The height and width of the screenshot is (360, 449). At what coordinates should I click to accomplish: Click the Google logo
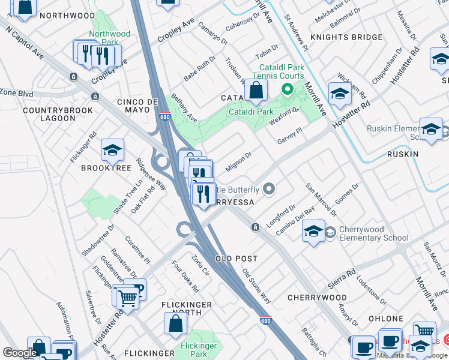point(19,353)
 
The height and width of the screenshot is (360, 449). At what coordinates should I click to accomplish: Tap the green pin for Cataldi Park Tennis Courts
point(288,91)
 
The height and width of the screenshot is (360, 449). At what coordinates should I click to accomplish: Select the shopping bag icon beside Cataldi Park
point(256,91)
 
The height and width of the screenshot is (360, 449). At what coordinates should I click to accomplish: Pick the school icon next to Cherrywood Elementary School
point(313,232)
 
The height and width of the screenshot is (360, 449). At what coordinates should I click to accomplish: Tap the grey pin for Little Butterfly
point(269,190)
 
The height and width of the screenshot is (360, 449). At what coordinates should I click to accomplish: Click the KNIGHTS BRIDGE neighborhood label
point(346,37)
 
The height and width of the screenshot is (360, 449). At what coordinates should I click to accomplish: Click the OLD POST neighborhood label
point(237,259)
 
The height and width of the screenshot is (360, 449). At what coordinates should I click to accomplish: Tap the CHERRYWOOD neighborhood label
point(317,298)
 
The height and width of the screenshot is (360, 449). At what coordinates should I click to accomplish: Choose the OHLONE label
point(386,319)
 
